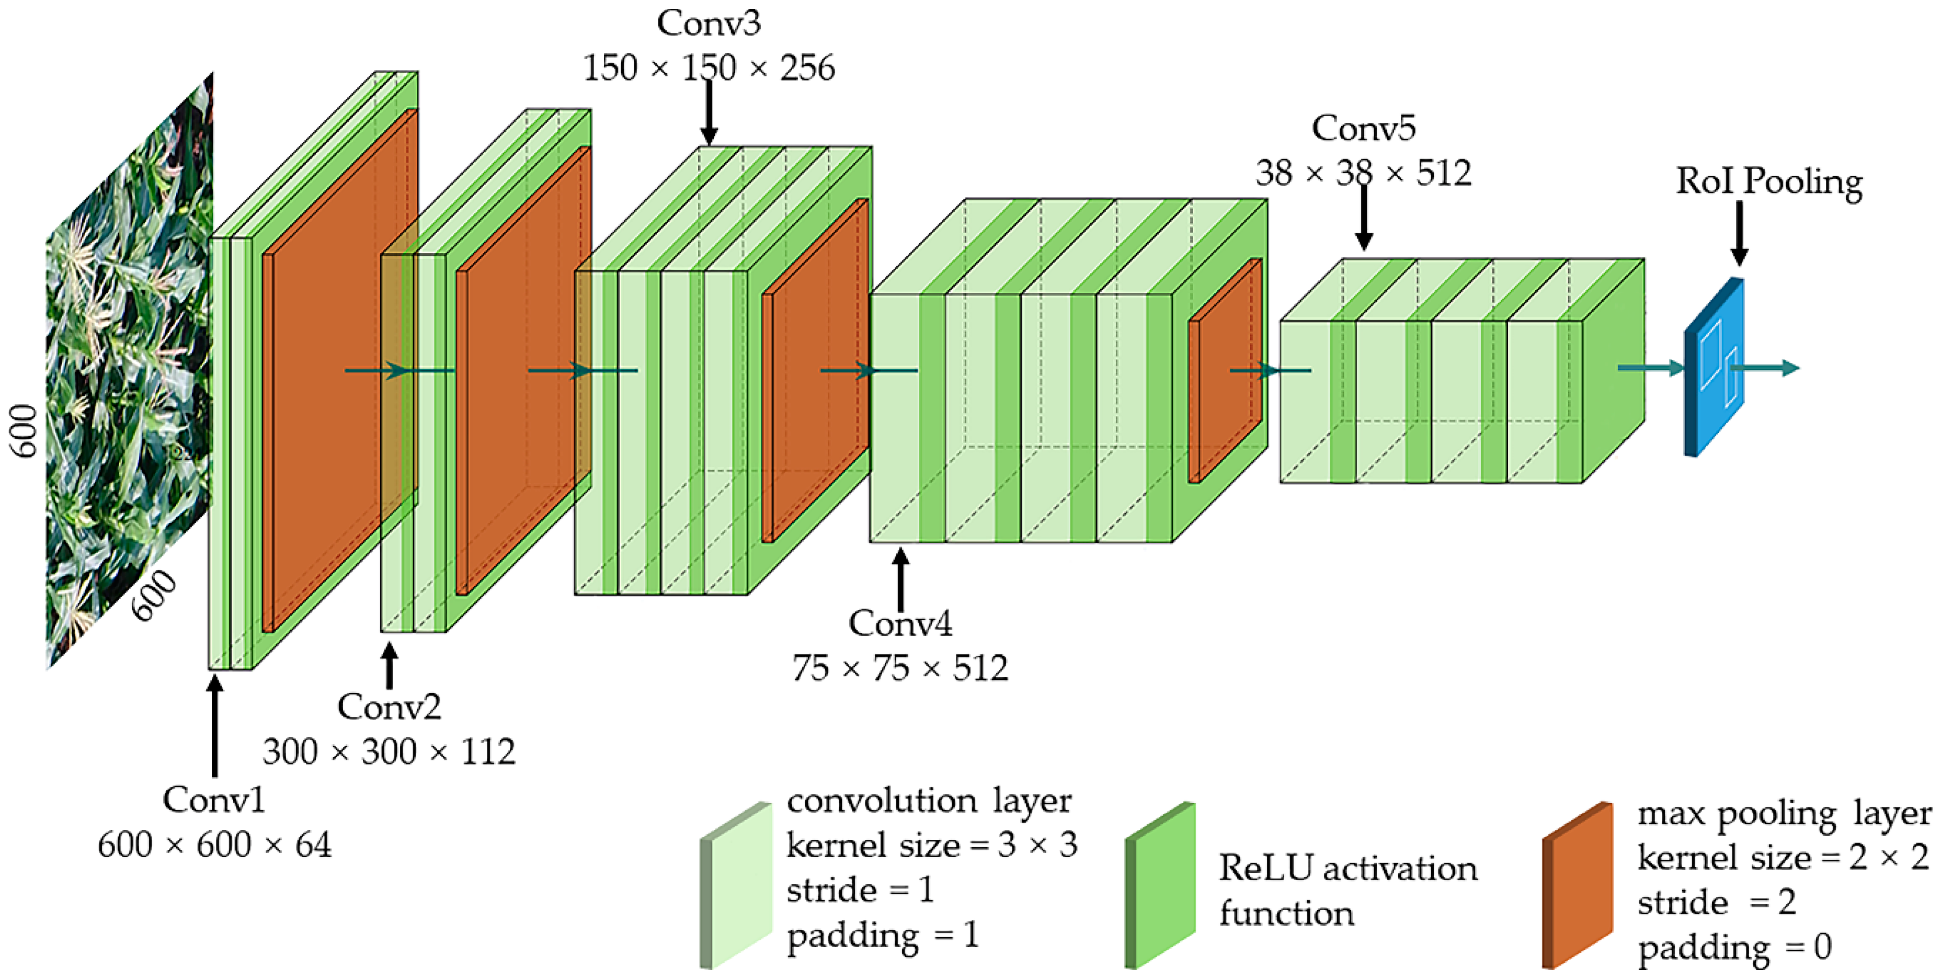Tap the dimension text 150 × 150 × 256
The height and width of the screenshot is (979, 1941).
[x=709, y=69]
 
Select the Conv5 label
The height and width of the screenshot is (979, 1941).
[x=1363, y=128]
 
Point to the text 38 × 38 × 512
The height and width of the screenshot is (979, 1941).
[x=1363, y=173]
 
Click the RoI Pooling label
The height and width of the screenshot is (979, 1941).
[x=1768, y=181]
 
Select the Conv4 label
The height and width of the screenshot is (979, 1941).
[x=900, y=623]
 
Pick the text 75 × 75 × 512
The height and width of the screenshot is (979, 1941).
[x=900, y=668]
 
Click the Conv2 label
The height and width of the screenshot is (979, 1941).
[x=389, y=707]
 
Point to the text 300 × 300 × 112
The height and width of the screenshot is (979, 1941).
[x=389, y=752]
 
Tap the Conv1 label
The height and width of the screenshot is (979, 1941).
[x=214, y=800]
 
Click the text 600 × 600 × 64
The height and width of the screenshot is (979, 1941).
[x=214, y=845]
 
